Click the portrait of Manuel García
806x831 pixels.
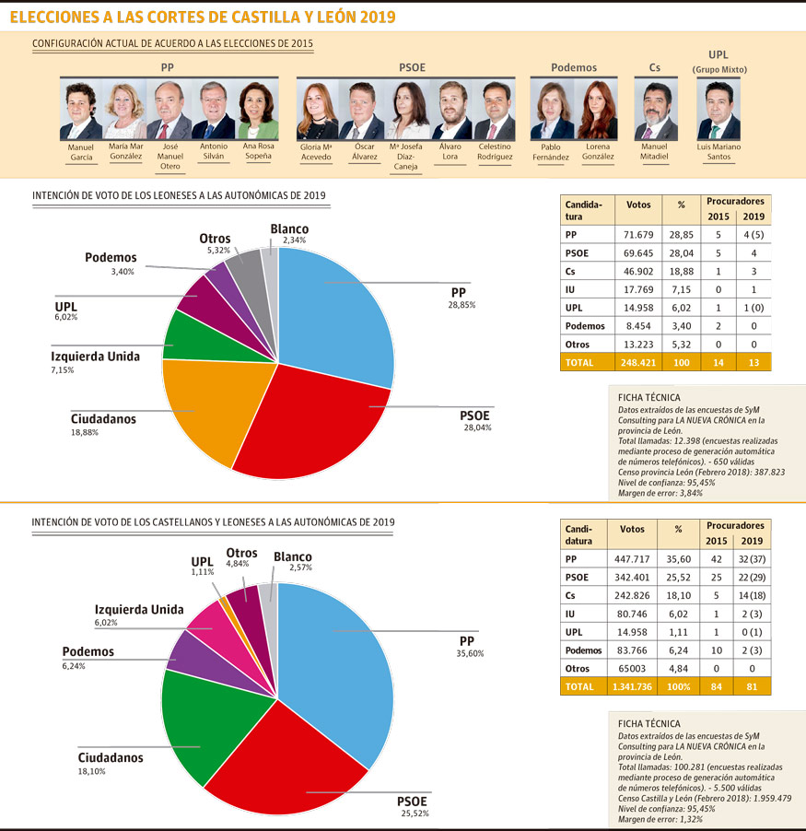pyautogui.click(x=81, y=111)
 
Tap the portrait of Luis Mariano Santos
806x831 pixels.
pyautogui.click(x=718, y=111)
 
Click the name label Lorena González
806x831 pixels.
pyautogui.click(x=599, y=151)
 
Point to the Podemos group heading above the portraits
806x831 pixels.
pyautogui.click(x=574, y=67)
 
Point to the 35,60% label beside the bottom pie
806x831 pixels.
pyautogui.click(x=471, y=653)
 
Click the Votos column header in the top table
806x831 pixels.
pyautogui.click(x=637, y=205)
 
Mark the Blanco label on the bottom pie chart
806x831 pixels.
pyautogui.click(x=293, y=556)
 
